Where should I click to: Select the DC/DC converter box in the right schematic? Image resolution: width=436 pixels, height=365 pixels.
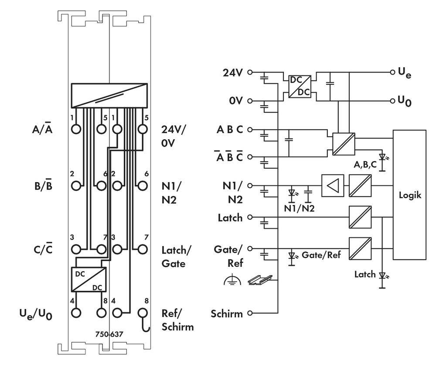300,86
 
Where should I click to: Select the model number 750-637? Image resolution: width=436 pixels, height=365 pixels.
109,335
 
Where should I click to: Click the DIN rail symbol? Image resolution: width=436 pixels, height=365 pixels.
259,280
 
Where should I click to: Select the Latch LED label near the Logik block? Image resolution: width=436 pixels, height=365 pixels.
364,275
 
